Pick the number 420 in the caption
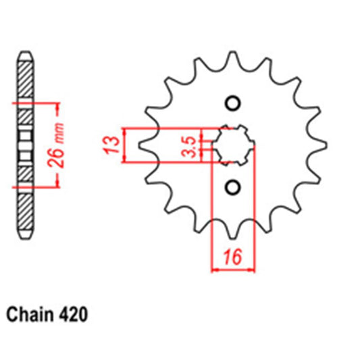tap(73, 315)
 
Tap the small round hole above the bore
tap(232, 103)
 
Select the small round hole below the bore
tap(232, 186)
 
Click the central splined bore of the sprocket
tap(233, 144)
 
